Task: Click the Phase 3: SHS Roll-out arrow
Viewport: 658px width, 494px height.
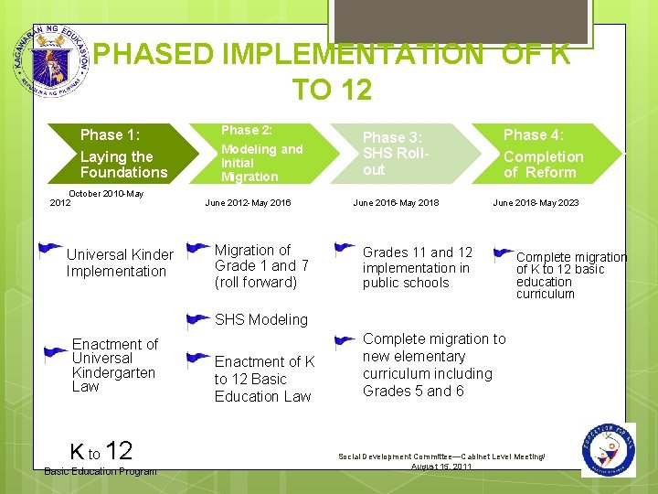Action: [402, 153]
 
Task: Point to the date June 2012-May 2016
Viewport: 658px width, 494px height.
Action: [248, 203]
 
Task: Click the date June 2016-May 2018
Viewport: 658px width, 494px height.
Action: [396, 203]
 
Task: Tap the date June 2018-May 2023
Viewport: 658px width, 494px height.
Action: [536, 203]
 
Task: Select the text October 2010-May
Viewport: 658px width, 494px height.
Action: [106, 194]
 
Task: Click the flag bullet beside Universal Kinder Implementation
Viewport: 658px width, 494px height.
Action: [52, 249]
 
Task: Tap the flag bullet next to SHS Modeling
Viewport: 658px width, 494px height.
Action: [196, 320]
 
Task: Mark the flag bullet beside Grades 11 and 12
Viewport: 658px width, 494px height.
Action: [345, 248]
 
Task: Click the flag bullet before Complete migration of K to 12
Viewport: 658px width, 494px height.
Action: [504, 254]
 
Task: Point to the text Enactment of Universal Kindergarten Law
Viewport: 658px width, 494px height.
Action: [114, 365]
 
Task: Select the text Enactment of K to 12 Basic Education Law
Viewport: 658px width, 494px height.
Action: [264, 379]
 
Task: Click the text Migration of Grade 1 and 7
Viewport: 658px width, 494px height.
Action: [261, 265]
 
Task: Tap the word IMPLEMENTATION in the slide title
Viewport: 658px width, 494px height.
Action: [288, 55]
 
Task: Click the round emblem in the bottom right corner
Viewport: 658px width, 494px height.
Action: [608, 449]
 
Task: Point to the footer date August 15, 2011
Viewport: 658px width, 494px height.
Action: [441, 467]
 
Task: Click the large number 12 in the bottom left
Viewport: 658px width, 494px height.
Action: [119, 450]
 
